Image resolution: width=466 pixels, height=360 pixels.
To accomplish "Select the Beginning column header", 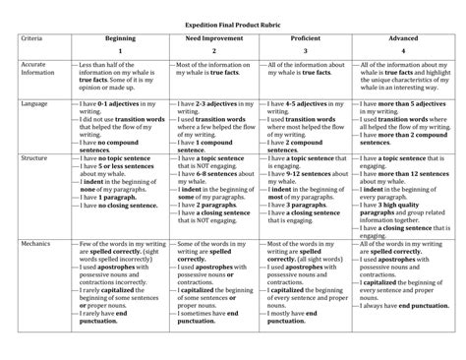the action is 120,37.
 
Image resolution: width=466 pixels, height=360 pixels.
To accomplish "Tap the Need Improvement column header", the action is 213,37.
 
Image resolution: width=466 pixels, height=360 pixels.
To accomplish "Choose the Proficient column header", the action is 305,37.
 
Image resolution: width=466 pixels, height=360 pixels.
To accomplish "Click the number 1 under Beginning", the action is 120,49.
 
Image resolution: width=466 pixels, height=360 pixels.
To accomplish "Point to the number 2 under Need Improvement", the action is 213,49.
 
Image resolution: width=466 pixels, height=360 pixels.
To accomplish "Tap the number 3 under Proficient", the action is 305,49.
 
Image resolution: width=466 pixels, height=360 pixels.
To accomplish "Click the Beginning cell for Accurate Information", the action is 120,77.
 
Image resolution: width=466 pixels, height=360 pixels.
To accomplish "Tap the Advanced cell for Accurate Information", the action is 398,77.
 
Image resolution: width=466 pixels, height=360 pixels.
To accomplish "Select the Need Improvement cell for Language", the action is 213,123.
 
